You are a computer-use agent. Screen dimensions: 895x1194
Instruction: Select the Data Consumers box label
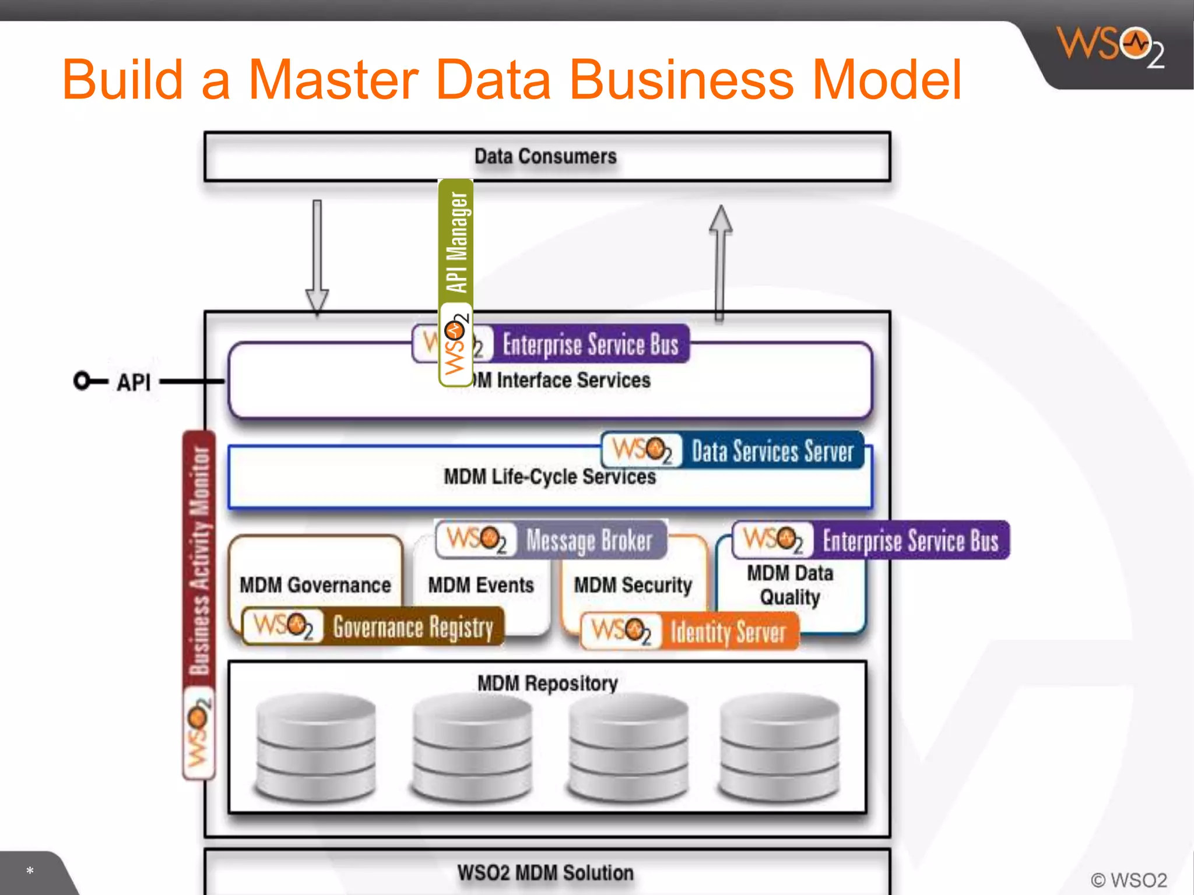click(x=545, y=156)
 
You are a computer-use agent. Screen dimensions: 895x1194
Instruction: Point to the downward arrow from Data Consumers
click(x=317, y=256)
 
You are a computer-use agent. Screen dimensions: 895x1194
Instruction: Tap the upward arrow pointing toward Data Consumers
click(x=721, y=262)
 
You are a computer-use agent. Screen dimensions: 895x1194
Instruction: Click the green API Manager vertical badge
click(x=456, y=283)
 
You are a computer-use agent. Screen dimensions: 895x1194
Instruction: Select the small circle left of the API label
click(x=82, y=380)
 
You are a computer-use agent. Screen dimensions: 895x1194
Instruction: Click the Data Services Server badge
click(x=732, y=451)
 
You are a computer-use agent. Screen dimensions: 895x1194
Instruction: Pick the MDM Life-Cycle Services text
click(x=549, y=477)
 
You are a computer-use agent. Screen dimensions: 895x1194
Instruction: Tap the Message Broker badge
click(x=551, y=540)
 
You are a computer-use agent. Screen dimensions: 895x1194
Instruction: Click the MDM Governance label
click(x=315, y=585)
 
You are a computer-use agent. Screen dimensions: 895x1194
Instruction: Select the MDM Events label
click(x=481, y=585)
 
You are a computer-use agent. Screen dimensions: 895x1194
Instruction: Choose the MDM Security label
click(x=633, y=585)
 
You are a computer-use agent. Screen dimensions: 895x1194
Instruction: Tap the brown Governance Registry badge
click(x=373, y=627)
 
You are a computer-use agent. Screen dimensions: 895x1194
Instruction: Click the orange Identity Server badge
click(x=690, y=631)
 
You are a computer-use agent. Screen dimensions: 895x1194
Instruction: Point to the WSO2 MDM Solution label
click(x=545, y=873)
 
